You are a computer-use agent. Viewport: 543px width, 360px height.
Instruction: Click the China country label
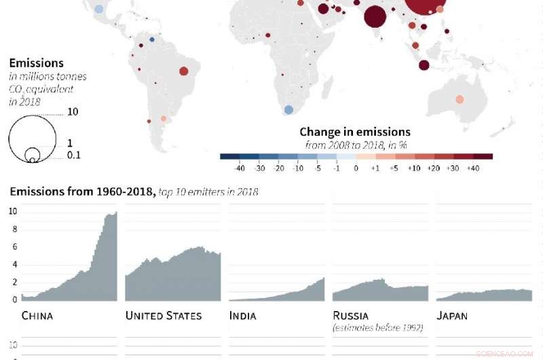tap(37, 316)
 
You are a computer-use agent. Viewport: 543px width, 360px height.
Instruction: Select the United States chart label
tap(164, 316)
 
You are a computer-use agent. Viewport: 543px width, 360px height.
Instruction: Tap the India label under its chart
tap(242, 316)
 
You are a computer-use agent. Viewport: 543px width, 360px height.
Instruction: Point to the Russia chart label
tap(350, 316)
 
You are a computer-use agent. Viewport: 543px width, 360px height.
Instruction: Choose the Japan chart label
tap(453, 316)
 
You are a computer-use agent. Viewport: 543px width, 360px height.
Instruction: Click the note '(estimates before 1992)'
tap(377, 329)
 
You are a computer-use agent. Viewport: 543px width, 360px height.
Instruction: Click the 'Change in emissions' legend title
tap(355, 132)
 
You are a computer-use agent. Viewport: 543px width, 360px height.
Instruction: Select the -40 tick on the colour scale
tap(239, 167)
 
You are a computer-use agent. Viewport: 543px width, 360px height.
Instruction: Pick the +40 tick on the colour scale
tap(474, 167)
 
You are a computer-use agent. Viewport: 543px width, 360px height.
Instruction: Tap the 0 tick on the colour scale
tap(356, 167)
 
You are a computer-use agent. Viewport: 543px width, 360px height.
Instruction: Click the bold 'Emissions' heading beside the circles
tap(37, 63)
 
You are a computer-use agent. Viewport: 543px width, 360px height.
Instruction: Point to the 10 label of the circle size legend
tap(73, 112)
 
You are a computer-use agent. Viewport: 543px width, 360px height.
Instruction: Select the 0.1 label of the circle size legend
tap(75, 156)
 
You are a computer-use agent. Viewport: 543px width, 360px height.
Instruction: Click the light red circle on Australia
tap(460, 99)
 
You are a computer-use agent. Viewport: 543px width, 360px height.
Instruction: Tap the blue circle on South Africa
tap(288, 109)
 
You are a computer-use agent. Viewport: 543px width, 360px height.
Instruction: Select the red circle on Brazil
tap(183, 71)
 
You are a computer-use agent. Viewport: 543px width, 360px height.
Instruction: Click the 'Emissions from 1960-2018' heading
tap(81, 192)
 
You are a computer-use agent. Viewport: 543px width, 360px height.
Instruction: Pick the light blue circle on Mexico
tap(99, 10)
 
